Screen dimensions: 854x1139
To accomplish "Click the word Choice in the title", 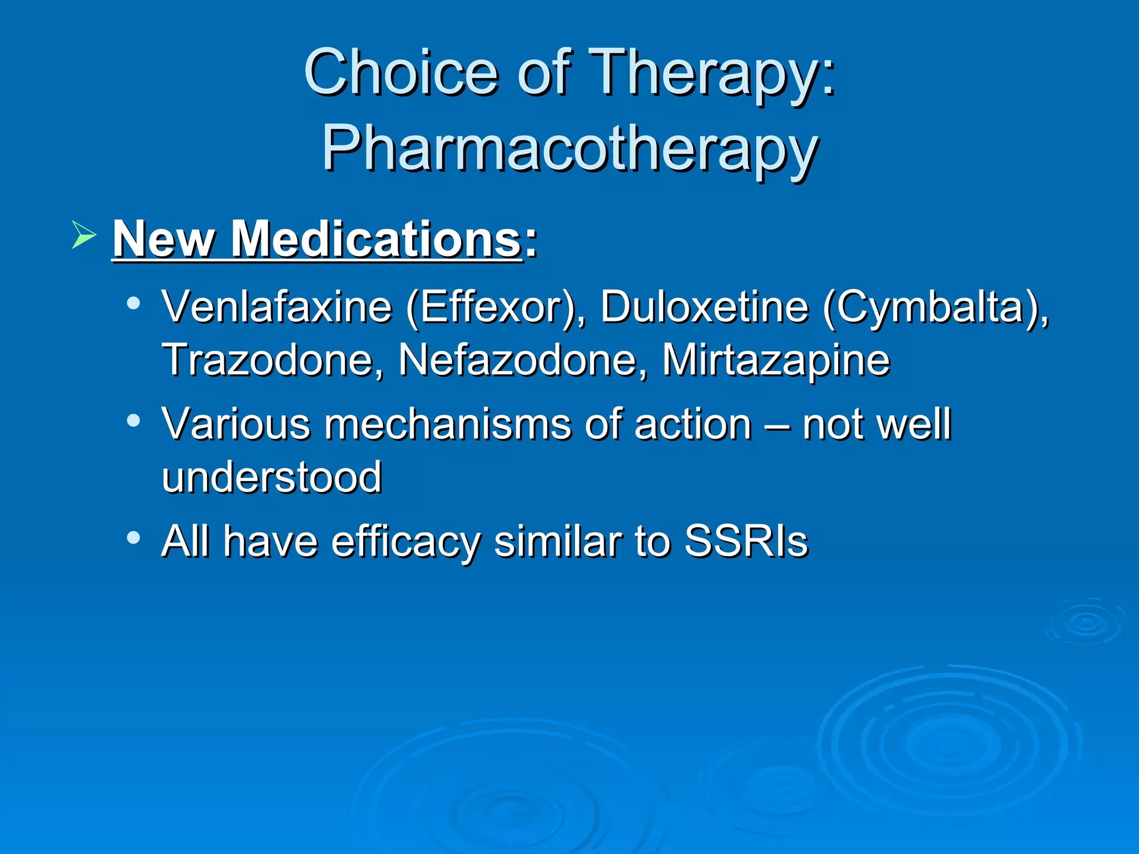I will tap(400, 72).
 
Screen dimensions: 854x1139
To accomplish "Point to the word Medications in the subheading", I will tap(376, 239).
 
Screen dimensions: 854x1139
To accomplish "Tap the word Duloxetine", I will tap(704, 307).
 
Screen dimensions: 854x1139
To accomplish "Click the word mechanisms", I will tap(448, 425).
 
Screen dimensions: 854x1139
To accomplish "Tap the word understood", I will tap(271, 477).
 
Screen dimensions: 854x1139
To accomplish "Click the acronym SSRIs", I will tap(746, 540).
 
